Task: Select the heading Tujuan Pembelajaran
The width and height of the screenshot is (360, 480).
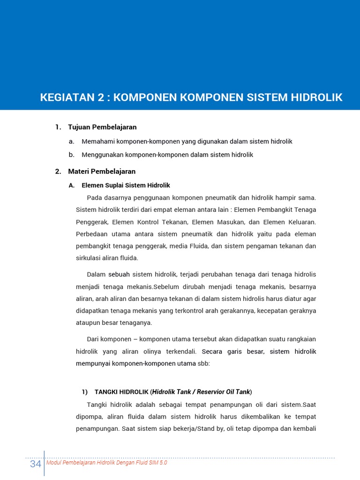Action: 102,127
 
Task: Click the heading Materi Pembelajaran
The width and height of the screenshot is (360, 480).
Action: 102,172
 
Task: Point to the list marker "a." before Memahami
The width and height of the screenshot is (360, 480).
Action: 71,141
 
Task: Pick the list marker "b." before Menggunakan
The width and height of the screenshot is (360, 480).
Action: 71,155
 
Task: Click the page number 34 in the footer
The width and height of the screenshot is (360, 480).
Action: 35,464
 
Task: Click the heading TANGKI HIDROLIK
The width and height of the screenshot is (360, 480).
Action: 121,391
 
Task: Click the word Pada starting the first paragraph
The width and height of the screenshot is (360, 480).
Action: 94,197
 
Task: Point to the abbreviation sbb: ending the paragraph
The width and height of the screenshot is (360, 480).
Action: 203,363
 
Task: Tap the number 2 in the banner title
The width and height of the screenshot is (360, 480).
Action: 100,97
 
